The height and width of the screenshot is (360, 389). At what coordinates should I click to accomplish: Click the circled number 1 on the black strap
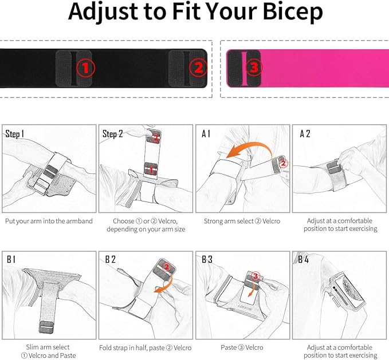[85, 69]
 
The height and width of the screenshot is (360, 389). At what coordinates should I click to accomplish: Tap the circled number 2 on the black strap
[198, 69]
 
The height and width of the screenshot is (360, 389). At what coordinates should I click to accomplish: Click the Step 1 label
[15, 134]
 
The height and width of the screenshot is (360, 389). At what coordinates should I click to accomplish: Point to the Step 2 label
[113, 134]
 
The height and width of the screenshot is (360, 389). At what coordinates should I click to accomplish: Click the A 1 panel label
[206, 134]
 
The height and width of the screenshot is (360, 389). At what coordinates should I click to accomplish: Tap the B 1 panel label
[11, 259]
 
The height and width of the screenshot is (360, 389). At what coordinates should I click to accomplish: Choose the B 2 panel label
[109, 259]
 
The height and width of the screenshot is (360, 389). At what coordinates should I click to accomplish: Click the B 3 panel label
[207, 259]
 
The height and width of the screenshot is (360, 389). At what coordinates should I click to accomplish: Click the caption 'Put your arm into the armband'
[49, 221]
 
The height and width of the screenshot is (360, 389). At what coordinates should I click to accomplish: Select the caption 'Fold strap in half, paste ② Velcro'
[146, 347]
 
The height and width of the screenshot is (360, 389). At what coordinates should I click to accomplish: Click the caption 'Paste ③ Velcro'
[242, 347]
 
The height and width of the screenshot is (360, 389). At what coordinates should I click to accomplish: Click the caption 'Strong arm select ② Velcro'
[242, 221]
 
